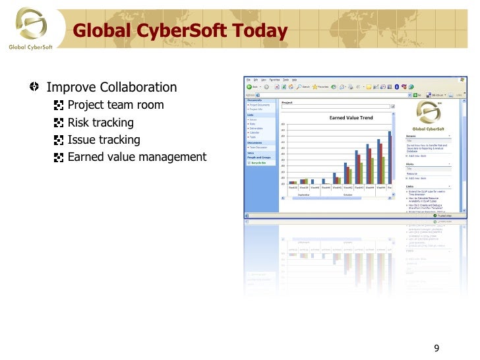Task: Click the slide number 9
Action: point(436,349)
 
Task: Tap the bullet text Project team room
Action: point(115,105)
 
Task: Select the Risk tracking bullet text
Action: point(100,123)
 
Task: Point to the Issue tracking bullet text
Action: point(104,140)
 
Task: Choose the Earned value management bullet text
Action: point(136,157)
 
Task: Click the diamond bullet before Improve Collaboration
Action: point(34,87)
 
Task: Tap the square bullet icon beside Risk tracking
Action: point(59,123)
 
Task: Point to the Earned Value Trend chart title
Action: point(351,118)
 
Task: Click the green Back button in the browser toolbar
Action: point(250,86)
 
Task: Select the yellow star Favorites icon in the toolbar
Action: point(316,86)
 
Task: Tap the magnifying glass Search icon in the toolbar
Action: point(299,86)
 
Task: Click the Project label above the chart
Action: point(287,103)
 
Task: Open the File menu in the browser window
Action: point(248,80)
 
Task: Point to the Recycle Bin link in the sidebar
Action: point(258,162)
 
